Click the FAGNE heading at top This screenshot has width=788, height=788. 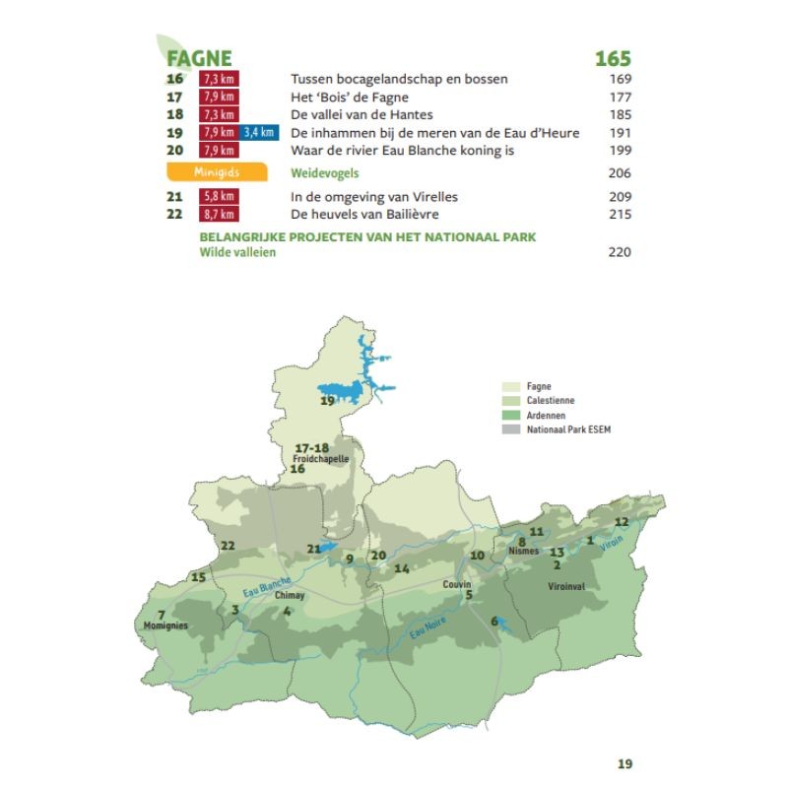[x=199, y=60]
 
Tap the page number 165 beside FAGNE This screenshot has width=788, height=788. [x=612, y=60]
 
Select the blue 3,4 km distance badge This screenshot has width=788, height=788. [x=259, y=133]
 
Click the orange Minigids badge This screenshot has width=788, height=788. [x=217, y=172]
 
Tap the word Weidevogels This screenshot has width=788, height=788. [x=324, y=173]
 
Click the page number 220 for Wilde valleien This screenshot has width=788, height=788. [x=620, y=252]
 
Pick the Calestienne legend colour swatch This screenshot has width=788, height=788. [x=510, y=401]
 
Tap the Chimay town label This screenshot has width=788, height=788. [x=290, y=596]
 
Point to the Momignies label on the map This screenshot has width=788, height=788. [x=165, y=625]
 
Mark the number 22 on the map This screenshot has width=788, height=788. [x=228, y=546]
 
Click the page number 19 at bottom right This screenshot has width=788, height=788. [x=624, y=763]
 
